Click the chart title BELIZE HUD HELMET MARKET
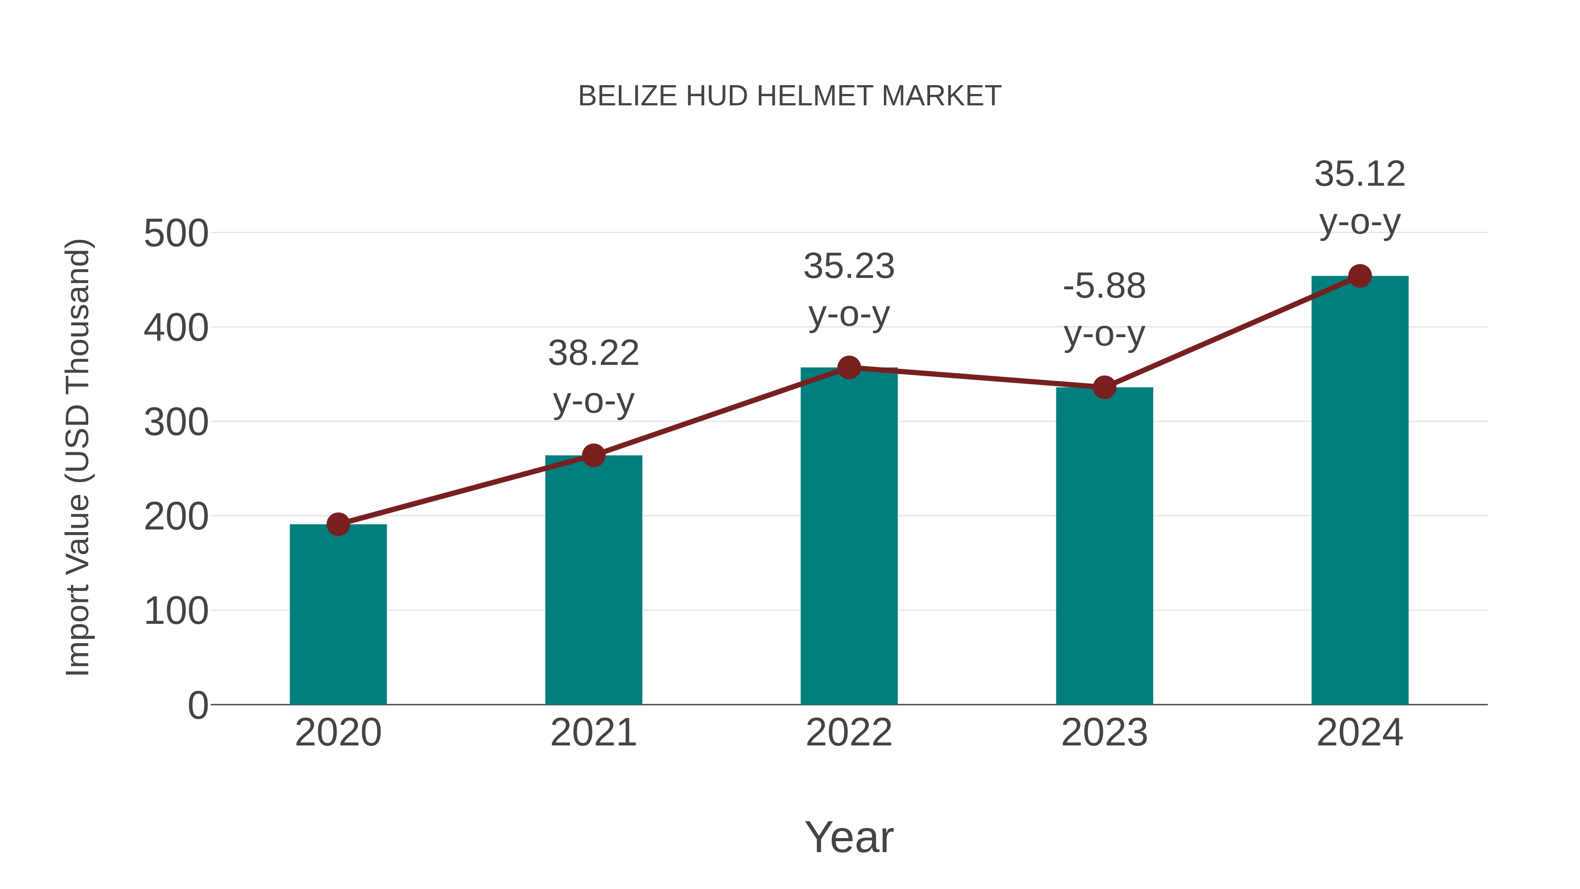pos(790,96)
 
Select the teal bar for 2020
pos(338,614)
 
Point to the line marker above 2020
pos(338,524)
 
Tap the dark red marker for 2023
pos(1104,387)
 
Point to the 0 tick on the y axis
pos(197,705)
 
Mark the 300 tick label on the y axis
pos(176,423)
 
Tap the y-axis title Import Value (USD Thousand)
pos(78,457)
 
